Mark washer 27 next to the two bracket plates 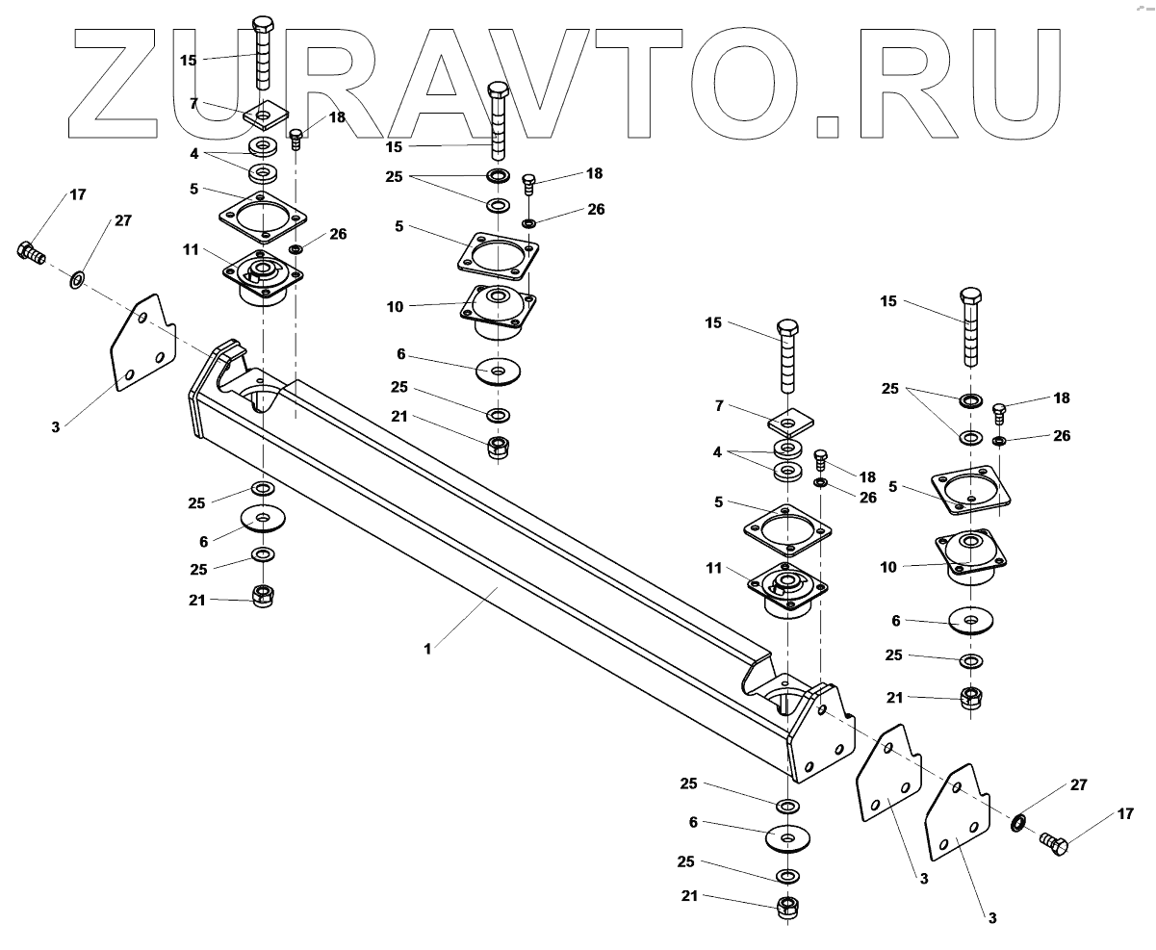click(1017, 823)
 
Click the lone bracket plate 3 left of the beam click(142, 345)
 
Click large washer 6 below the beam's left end click(262, 518)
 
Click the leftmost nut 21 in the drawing click(262, 597)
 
